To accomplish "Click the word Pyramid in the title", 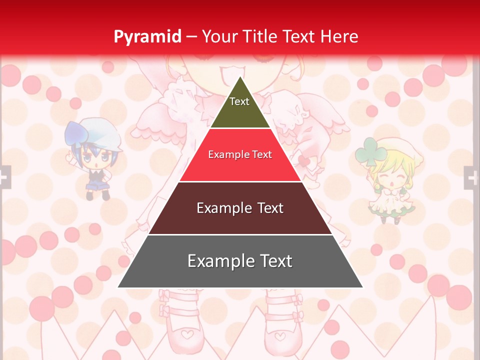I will pyautogui.click(x=147, y=36).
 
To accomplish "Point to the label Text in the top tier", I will pyautogui.click(x=239, y=101).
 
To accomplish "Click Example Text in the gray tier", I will pyautogui.click(x=240, y=261).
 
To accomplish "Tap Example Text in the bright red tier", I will pyautogui.click(x=240, y=154).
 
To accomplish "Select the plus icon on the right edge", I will pyautogui.click(x=472, y=177).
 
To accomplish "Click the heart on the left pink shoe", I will pyautogui.click(x=186, y=334).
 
